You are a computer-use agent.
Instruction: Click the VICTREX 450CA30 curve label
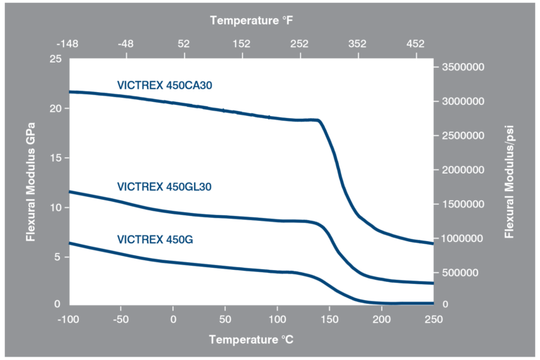(x=165, y=86)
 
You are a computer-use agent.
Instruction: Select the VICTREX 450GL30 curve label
(x=165, y=187)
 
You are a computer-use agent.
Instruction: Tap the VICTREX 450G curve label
(x=155, y=240)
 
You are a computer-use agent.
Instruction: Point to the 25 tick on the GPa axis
(x=55, y=59)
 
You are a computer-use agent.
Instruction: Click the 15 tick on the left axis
(x=55, y=157)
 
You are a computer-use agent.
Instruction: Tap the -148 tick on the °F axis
(x=69, y=44)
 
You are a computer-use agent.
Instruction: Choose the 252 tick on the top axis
(x=300, y=44)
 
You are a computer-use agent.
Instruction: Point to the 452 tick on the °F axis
(x=415, y=44)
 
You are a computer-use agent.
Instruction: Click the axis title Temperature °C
(x=251, y=340)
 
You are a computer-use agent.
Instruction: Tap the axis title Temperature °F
(x=251, y=21)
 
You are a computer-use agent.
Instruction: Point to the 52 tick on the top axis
(x=184, y=44)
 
